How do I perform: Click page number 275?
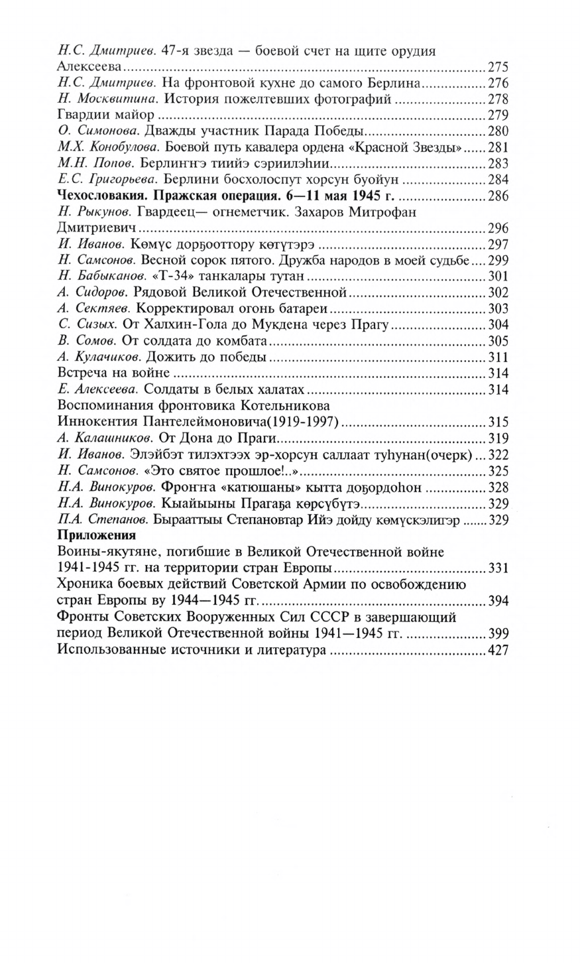coord(497,67)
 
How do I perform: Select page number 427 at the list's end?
coord(497,651)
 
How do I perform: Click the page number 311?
coord(497,357)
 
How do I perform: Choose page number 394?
coord(497,601)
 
